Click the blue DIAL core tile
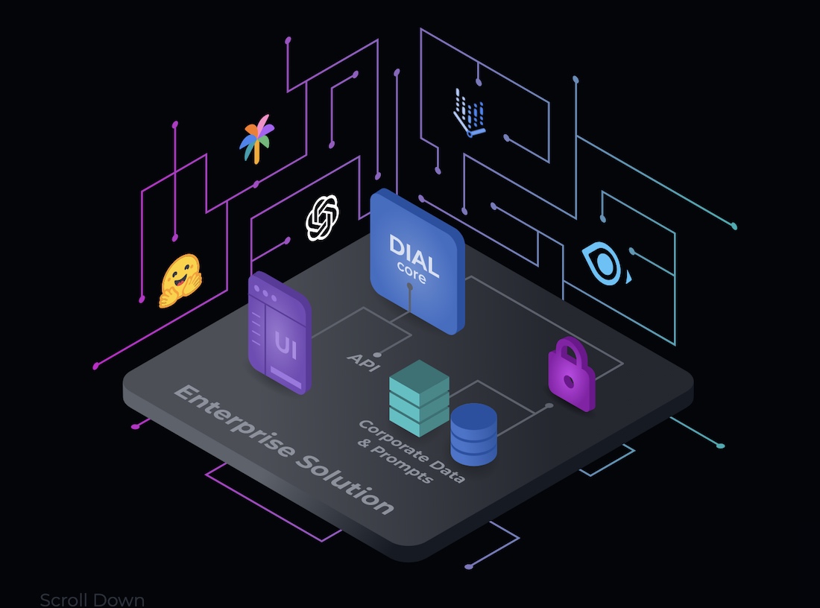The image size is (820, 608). pyautogui.click(x=417, y=261)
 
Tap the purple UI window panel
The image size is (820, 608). pyautogui.click(x=280, y=332)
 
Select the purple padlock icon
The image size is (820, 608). pyautogui.click(x=571, y=373)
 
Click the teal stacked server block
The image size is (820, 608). pyautogui.click(x=420, y=398)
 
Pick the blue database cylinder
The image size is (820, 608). pyautogui.click(x=474, y=434)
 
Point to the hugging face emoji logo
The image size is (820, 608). pyautogui.click(x=180, y=281)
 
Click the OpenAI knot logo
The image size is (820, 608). pyautogui.click(x=322, y=218)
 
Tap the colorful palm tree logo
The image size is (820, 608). pyautogui.click(x=256, y=139)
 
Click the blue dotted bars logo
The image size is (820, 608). pyautogui.click(x=469, y=113)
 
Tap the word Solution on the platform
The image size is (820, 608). pyautogui.click(x=346, y=484)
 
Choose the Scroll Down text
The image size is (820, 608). pyautogui.click(x=92, y=600)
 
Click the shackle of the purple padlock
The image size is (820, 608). pyautogui.click(x=570, y=351)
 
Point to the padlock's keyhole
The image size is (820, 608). pyautogui.click(x=570, y=381)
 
